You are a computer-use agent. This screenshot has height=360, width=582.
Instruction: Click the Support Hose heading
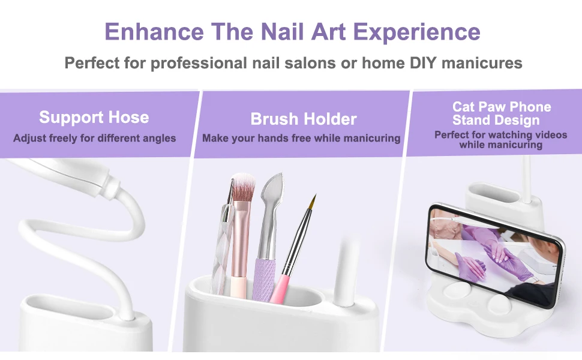click(94, 117)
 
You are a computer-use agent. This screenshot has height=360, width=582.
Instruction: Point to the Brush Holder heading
click(304, 119)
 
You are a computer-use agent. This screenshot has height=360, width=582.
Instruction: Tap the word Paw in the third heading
click(493, 107)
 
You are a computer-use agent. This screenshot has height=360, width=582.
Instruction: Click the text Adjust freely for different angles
click(95, 139)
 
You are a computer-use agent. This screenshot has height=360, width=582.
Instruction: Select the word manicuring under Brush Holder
click(372, 139)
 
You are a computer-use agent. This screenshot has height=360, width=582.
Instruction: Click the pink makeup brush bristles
click(243, 187)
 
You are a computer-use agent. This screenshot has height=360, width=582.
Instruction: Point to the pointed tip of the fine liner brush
click(315, 195)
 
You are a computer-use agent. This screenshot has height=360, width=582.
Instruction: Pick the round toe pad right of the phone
click(500, 305)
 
